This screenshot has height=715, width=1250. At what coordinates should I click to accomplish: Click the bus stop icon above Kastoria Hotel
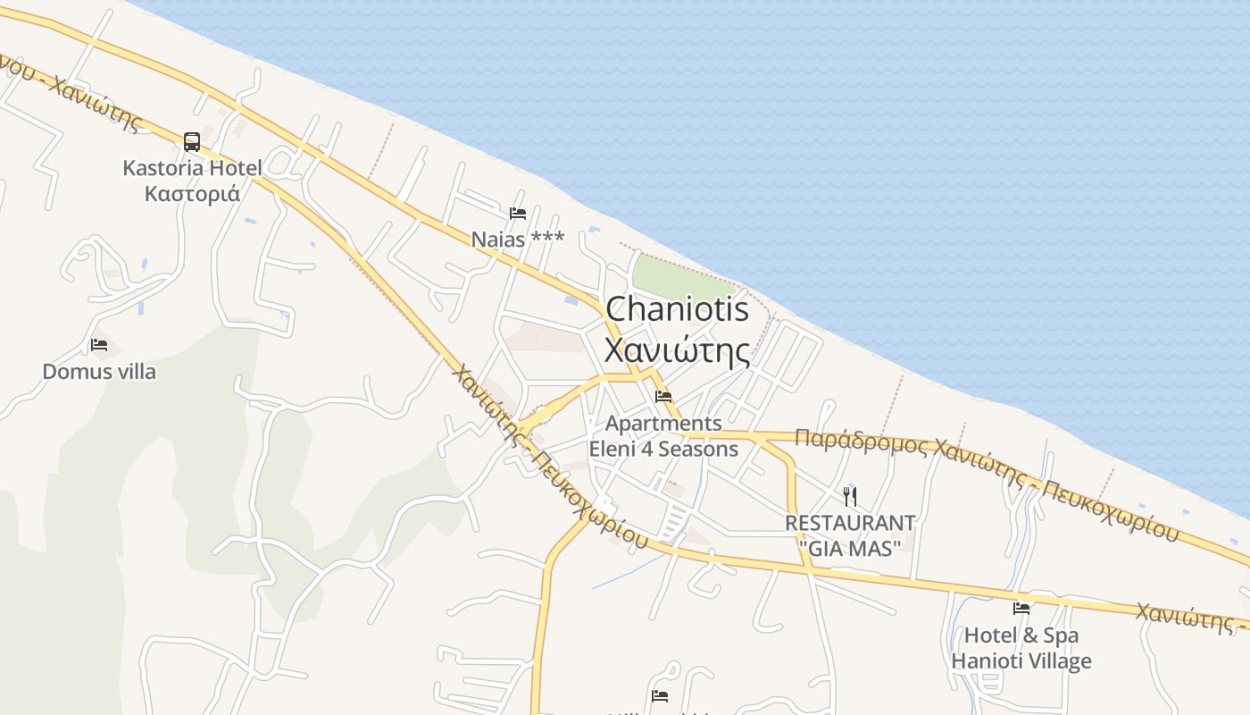point(192,141)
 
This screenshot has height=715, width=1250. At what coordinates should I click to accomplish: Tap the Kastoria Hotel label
point(192,168)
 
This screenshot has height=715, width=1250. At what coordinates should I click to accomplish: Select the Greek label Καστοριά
point(192,193)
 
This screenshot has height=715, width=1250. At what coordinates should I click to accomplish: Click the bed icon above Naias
point(518,214)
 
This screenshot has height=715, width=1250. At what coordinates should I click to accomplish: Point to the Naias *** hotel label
point(518,239)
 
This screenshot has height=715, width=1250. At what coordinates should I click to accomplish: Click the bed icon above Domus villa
point(99,345)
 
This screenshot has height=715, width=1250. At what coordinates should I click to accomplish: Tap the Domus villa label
point(99,371)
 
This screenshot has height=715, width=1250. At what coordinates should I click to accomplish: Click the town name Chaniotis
point(678,309)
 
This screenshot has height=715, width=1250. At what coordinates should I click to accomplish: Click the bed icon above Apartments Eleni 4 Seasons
point(663,397)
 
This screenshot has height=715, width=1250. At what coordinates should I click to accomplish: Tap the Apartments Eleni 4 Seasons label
point(663,435)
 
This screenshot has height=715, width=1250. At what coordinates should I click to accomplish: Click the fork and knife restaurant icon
point(850,497)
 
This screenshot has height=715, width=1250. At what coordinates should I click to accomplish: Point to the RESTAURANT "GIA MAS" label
point(850,534)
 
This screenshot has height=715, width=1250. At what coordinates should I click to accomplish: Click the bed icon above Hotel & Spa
point(1021,610)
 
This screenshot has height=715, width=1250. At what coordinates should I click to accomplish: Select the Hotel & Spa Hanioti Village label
point(1021,648)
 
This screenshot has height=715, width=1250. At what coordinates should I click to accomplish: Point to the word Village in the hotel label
point(1056,661)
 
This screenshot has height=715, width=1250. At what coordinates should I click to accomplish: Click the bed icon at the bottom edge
point(660,695)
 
